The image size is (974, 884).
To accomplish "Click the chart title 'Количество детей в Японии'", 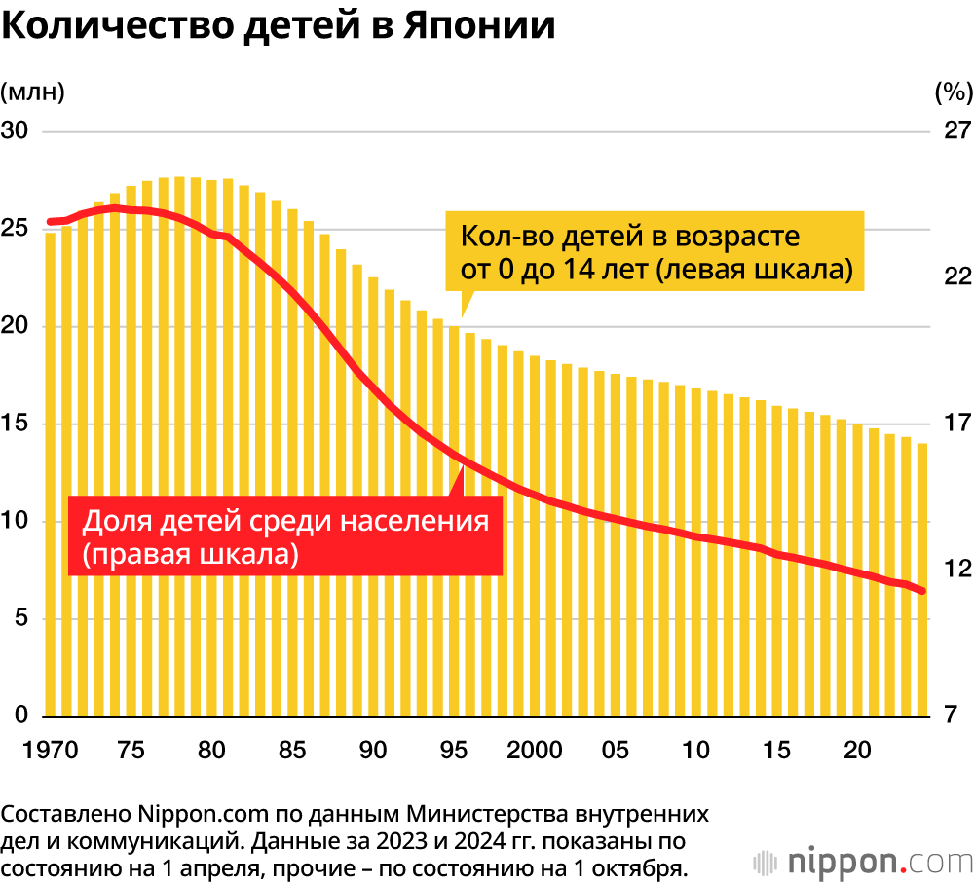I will (x=279, y=26).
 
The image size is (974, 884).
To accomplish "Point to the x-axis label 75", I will (x=131, y=751).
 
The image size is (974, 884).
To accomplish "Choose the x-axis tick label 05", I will (x=615, y=751).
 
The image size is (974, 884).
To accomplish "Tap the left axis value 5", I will (x=20, y=619).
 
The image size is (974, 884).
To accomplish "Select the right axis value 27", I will (x=957, y=131).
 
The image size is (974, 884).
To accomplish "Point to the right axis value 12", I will (x=957, y=569).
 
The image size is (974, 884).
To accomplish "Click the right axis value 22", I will (x=957, y=276).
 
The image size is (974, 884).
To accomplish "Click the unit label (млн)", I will (x=32, y=92).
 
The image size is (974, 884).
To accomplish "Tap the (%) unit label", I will (x=953, y=92).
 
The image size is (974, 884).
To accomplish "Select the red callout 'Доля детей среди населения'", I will (x=284, y=536).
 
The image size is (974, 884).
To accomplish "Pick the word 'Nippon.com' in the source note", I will (x=191, y=814).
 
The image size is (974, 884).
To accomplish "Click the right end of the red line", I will (x=921, y=591).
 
